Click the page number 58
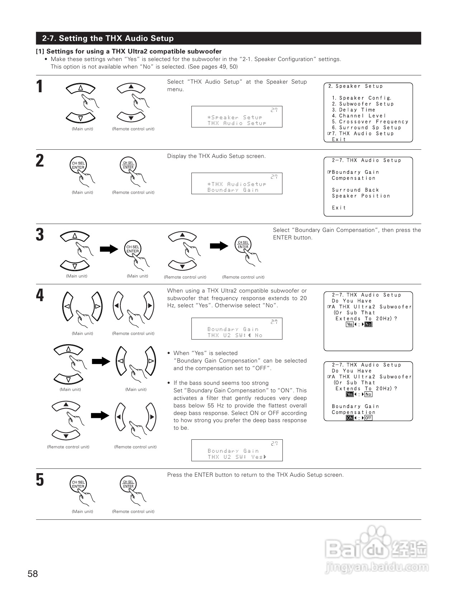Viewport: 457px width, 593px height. pos(33,574)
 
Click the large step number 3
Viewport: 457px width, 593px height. pos(40,235)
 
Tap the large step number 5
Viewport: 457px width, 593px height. pos(40,480)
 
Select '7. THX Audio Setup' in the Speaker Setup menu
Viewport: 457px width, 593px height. pos(363,134)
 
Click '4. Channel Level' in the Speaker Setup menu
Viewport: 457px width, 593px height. pos(359,116)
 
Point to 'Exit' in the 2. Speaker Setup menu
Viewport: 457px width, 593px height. pos(339,140)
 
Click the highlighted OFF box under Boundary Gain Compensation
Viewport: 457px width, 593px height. pos(368,418)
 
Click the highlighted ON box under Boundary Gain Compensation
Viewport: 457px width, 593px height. pos(349,418)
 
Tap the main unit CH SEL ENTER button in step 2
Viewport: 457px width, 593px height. pos(78,165)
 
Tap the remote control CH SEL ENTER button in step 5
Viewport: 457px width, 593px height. pos(128,484)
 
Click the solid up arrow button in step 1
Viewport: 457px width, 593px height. pos(131,87)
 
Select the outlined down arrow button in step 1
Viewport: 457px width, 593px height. pos(81,117)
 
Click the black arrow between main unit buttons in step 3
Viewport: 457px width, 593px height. pos(109,249)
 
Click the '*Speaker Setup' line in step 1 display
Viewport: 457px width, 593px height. pos(235,117)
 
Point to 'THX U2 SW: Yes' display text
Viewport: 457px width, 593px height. pos(237,457)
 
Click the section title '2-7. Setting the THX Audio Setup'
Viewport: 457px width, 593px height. pos(108,38)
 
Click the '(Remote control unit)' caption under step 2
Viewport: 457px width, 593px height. pos(133,192)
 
